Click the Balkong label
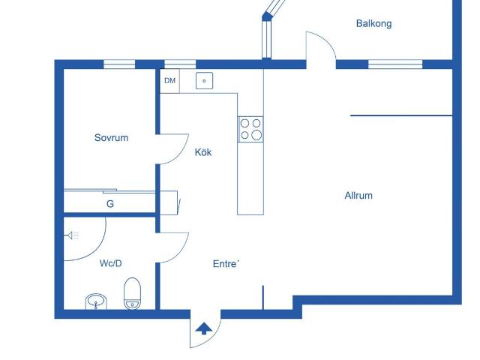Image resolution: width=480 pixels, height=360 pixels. [373, 23]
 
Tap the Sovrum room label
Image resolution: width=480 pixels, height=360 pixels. [111, 138]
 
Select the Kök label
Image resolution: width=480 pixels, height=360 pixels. [203, 152]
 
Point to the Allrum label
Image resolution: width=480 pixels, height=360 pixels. [358, 196]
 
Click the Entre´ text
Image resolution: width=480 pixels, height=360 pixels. [226, 264]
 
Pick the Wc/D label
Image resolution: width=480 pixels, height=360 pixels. [110, 263]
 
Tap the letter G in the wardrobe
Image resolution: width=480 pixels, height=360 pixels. [110, 204]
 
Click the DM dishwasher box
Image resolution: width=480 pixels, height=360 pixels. [170, 81]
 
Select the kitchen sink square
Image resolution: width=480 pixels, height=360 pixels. [204, 81]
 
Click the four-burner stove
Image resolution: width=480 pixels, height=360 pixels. [250, 129]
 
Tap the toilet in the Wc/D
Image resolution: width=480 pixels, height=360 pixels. [132, 293]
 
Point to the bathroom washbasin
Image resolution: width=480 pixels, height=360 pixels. [96, 301]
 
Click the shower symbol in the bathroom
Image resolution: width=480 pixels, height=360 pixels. [73, 235]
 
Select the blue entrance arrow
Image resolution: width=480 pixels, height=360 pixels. [204, 329]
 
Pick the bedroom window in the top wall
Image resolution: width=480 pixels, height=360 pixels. [119, 64]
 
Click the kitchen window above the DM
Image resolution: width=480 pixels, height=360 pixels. [180, 64]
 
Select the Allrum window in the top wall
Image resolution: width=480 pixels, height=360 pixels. [395, 64]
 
